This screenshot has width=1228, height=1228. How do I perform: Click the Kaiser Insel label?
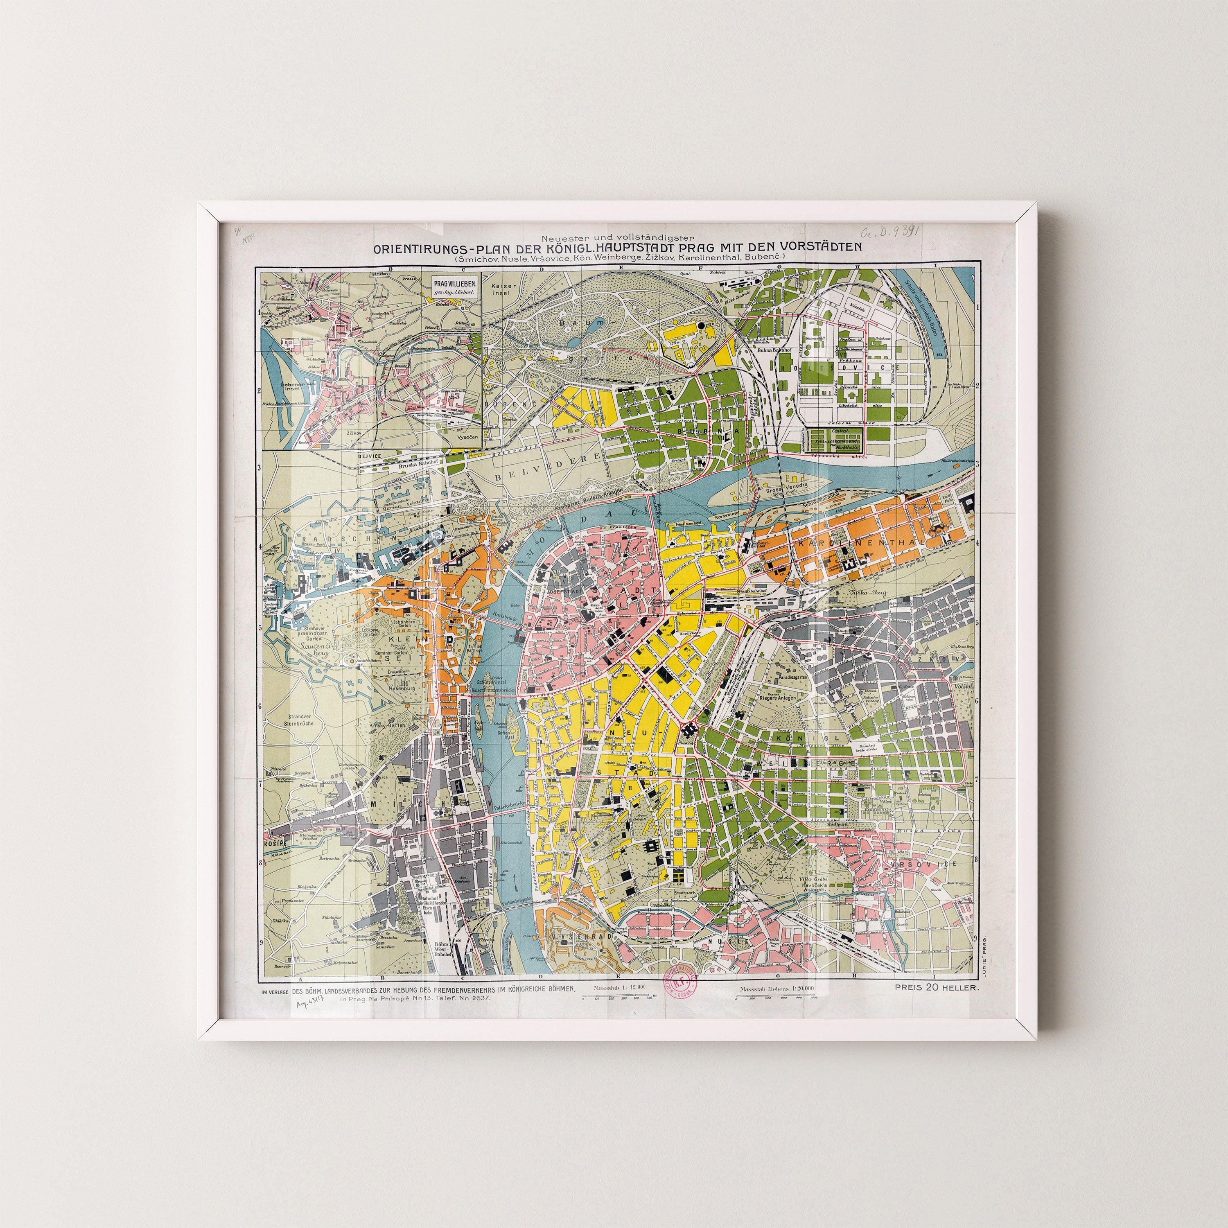tap(505, 291)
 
